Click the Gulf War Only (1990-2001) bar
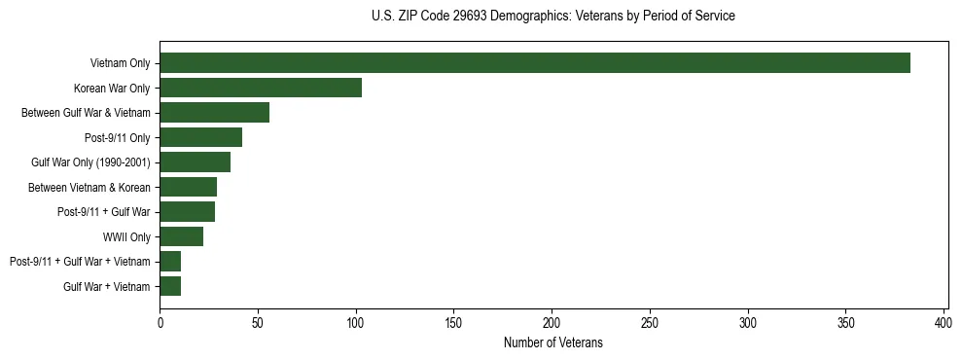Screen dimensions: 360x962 coord(195,162)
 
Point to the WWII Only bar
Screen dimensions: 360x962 coord(181,236)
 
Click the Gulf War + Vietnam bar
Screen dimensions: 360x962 coord(170,286)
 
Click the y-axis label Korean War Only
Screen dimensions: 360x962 coord(112,89)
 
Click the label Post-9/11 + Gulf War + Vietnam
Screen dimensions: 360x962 coord(80,262)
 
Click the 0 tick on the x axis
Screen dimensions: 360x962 coord(160,321)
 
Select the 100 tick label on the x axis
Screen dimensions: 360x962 coord(356,321)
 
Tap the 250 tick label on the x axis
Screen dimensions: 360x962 coord(650,321)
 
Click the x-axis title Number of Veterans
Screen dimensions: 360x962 coord(553,342)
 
